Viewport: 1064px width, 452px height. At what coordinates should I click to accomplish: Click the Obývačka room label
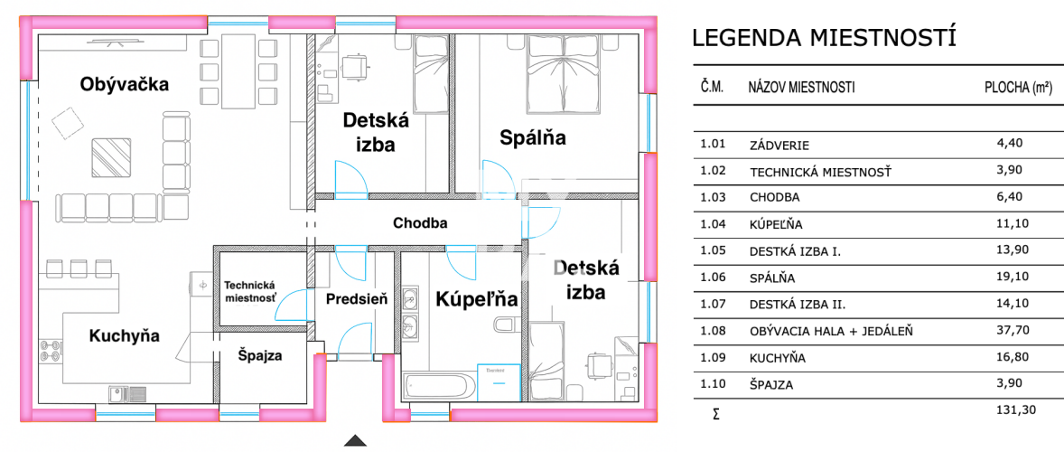[x=125, y=85]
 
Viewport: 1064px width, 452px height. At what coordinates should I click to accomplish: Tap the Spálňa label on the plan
[x=533, y=137]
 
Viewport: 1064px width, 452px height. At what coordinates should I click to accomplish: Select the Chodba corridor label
[x=420, y=222]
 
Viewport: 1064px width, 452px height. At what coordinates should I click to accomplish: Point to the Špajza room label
[x=260, y=355]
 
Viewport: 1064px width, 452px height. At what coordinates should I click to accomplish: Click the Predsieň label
[x=357, y=298]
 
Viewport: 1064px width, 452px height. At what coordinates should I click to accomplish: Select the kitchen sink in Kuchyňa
[x=126, y=393]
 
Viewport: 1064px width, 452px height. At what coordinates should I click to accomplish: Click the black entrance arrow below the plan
[x=356, y=441]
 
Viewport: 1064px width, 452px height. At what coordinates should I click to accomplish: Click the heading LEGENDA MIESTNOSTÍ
[x=823, y=38]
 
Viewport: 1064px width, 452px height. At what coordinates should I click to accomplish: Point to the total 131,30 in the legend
[x=1017, y=410]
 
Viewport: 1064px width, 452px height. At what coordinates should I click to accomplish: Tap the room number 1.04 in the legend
[x=713, y=223]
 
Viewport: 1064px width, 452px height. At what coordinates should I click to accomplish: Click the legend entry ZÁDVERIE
[x=779, y=144]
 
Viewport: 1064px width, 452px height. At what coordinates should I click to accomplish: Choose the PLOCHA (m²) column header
[x=1017, y=88]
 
